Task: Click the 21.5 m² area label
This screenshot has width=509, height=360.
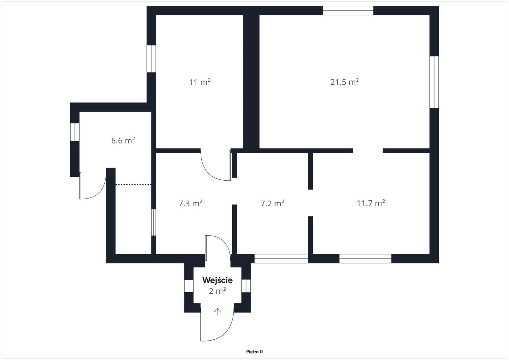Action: (345, 82)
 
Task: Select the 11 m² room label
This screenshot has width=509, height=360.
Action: (200, 82)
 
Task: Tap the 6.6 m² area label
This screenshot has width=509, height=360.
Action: (123, 140)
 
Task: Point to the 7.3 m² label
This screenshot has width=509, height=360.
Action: (191, 203)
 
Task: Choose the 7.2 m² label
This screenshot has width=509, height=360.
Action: (272, 203)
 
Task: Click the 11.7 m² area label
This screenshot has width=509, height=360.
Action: (371, 203)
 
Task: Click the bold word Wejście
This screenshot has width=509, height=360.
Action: (218, 280)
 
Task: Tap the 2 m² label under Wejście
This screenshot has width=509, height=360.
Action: (218, 291)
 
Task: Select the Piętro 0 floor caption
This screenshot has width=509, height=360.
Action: (254, 352)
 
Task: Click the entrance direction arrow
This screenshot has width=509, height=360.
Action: (217, 312)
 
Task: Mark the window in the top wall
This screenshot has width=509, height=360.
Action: (348, 10)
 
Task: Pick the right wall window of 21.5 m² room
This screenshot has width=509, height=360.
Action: (434, 82)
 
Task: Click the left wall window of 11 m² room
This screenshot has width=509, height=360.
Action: (151, 59)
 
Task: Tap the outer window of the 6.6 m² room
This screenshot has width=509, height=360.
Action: (75, 132)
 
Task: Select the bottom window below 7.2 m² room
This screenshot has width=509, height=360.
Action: (281, 259)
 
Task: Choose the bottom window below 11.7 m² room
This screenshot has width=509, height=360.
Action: (365, 259)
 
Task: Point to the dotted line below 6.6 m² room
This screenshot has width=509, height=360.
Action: (133, 184)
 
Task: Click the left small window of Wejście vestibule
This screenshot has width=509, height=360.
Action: (189, 286)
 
